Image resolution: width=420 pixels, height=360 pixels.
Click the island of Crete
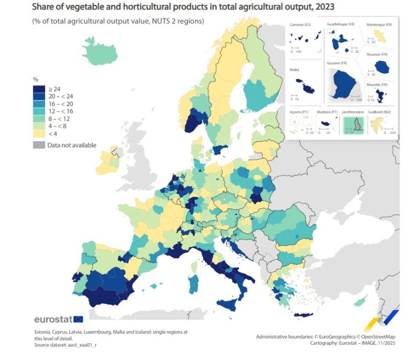pyautogui.click(x=304, y=315)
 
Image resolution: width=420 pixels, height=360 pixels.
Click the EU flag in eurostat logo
pyautogui.click(x=78, y=319)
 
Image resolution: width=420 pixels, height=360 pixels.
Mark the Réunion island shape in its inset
pyautogui.click(x=383, y=67)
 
